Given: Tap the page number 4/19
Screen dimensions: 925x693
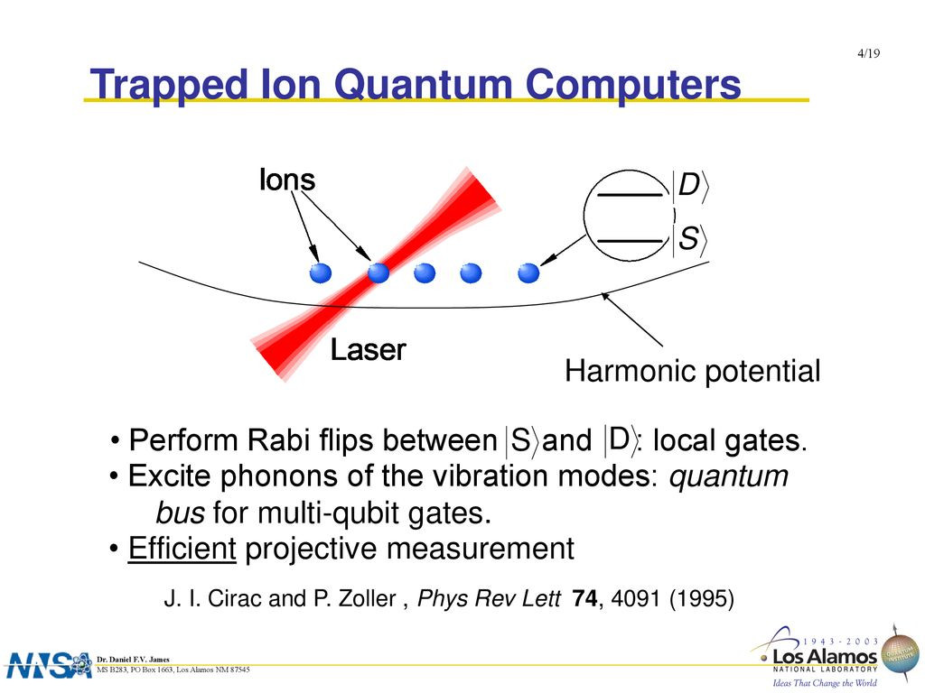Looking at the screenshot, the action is [x=868, y=53].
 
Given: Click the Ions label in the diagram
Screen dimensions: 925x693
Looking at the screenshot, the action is [x=287, y=180].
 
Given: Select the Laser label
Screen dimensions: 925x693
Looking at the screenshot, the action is [x=369, y=349].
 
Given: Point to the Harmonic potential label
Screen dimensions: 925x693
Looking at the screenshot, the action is [x=693, y=371].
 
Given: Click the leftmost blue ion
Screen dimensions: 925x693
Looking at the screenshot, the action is [x=321, y=273].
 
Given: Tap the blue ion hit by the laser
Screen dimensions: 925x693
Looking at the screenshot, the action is [x=378, y=273].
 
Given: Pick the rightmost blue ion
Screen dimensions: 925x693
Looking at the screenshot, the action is [x=528, y=273].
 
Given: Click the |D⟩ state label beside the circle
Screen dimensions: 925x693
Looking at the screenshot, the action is [x=690, y=186].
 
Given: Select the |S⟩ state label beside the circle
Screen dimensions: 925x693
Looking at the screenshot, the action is [x=690, y=239].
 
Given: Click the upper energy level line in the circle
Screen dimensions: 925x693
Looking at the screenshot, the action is [x=631, y=195].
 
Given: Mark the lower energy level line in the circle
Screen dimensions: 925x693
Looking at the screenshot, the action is [x=631, y=241].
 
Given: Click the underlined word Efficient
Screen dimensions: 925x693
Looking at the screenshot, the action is [x=182, y=549].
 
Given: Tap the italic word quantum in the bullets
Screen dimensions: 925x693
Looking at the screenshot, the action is [x=729, y=476].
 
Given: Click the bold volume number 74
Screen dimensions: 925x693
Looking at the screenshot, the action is [x=584, y=598].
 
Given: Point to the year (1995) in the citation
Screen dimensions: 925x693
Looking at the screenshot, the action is [x=702, y=599].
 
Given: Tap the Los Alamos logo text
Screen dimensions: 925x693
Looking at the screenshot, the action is [x=825, y=657].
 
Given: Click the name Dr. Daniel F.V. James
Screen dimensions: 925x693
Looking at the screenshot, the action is [x=133, y=660].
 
